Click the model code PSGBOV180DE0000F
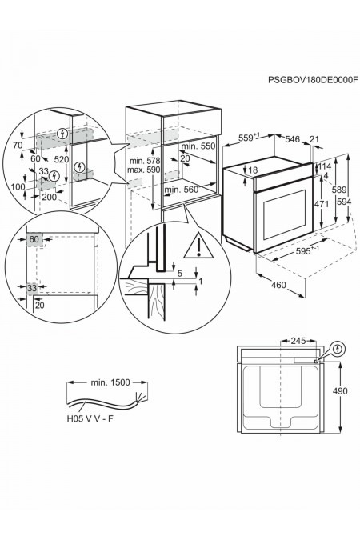tap(313, 80)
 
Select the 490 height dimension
tap(339, 391)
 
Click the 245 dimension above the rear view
tap(298, 341)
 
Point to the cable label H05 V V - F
tap(90, 418)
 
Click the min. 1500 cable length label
tap(110, 382)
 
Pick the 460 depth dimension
tap(278, 285)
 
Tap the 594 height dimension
tap(343, 202)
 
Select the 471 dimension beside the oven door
tap(322, 204)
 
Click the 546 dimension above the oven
tap(293, 139)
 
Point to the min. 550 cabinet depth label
tap(198, 146)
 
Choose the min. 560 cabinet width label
tap(182, 190)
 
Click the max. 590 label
tap(144, 170)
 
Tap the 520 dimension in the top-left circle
tap(62, 159)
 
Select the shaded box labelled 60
tap(34, 239)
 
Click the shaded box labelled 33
tap(32, 287)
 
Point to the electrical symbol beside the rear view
tap(338, 349)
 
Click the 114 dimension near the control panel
tap(324, 166)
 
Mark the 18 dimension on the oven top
tap(253, 170)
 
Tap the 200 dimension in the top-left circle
tap(50, 197)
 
